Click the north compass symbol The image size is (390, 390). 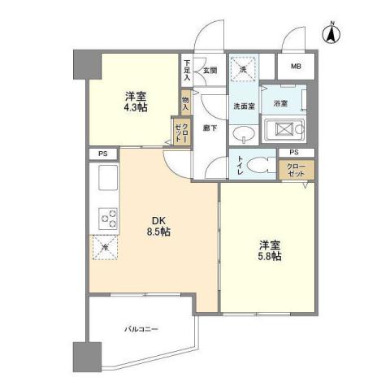click(x=330, y=33)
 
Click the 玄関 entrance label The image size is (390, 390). click(x=210, y=70)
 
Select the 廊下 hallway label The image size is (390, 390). click(x=209, y=128)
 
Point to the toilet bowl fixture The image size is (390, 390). click(x=258, y=164)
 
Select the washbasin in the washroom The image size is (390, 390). click(x=242, y=134)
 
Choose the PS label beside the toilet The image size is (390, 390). click(x=293, y=152)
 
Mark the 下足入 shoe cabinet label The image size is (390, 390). click(x=187, y=69)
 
